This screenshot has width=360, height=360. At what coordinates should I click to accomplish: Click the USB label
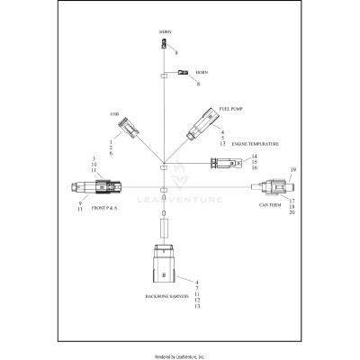tap(114, 114)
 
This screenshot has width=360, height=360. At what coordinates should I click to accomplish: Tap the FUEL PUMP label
tap(229, 109)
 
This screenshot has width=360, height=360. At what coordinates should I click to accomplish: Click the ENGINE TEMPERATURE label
tap(256, 144)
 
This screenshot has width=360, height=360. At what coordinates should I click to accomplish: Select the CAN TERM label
tap(271, 205)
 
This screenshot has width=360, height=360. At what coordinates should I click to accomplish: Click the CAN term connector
tap(269, 187)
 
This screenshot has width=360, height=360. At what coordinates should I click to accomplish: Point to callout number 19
tap(292, 169)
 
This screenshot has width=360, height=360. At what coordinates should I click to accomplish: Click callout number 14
tap(254, 157)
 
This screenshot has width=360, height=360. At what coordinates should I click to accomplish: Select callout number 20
tap(292, 212)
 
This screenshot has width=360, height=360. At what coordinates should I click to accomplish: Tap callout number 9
tap(80, 203)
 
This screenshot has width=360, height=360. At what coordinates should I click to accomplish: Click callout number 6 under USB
tap(111, 155)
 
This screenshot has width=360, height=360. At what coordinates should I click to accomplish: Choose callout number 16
tap(254, 168)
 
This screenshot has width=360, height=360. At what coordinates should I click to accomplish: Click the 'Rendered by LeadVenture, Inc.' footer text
tap(180, 355)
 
